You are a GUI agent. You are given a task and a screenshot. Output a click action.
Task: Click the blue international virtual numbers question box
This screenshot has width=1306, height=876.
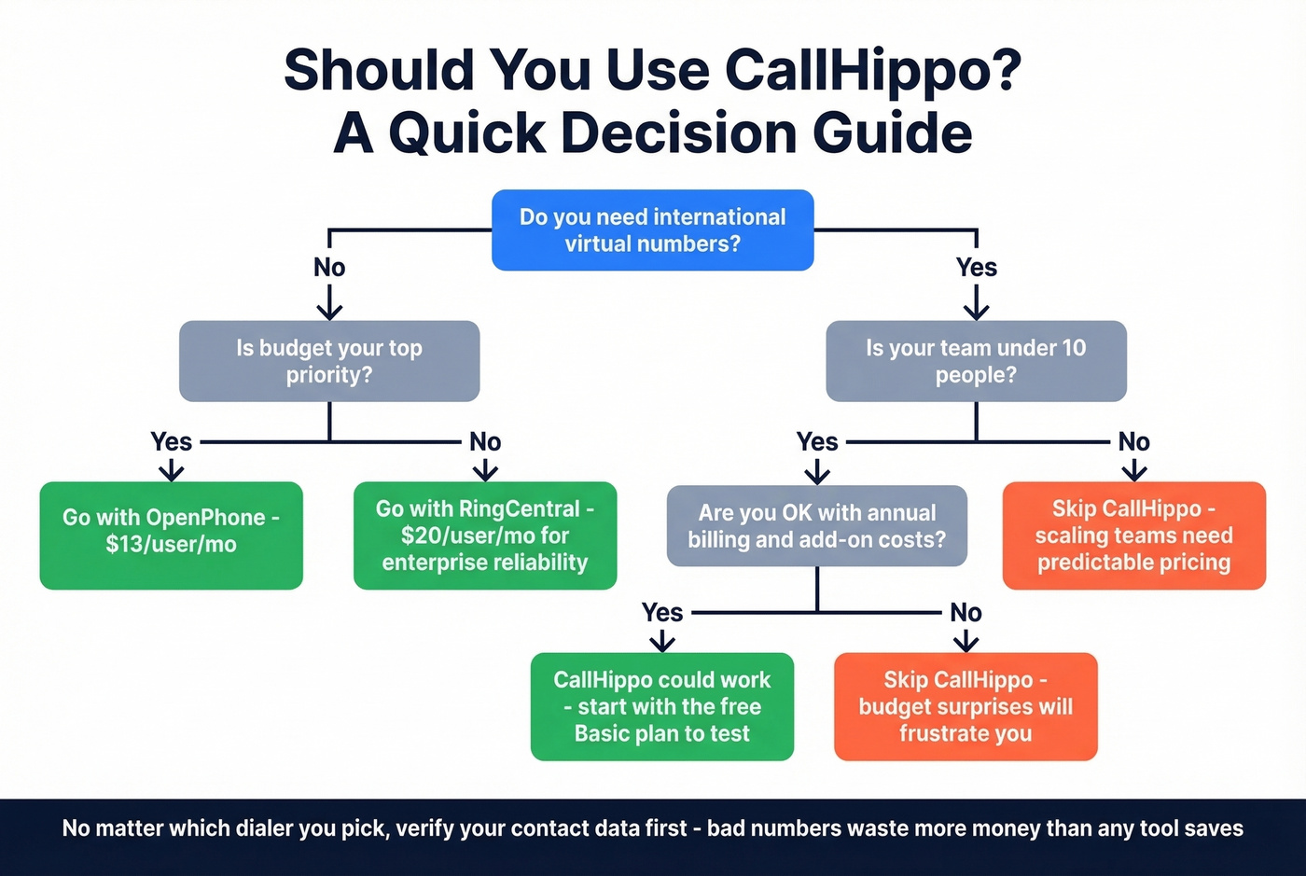(x=652, y=230)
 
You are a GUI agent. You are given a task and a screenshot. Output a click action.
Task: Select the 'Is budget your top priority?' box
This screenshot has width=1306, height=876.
(x=329, y=361)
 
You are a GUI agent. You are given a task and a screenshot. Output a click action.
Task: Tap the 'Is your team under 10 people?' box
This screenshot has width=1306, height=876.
(x=976, y=361)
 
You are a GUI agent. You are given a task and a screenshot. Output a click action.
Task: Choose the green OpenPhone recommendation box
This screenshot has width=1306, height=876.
(x=171, y=535)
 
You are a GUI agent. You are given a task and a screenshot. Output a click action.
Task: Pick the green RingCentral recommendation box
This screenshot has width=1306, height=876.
(x=485, y=535)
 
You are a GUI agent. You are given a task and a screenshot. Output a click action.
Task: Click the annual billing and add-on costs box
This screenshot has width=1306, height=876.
(x=816, y=526)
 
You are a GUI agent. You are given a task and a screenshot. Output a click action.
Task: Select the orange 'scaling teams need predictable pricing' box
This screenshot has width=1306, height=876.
(x=1133, y=535)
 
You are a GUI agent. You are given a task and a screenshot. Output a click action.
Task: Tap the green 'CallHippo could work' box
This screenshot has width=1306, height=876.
(x=661, y=706)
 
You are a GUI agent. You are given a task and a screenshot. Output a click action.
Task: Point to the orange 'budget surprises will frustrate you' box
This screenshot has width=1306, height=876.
(x=966, y=706)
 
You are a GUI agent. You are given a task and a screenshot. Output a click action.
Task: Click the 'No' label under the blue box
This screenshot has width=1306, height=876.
(x=329, y=268)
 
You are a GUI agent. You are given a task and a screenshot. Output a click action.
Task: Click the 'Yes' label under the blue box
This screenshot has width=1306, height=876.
(x=976, y=268)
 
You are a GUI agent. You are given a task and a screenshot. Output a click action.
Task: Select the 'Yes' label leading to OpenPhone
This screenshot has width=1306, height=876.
(x=172, y=441)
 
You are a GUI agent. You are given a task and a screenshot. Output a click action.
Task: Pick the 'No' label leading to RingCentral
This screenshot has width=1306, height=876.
(x=485, y=441)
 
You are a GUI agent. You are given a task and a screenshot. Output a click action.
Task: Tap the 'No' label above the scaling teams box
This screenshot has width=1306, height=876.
(x=1133, y=441)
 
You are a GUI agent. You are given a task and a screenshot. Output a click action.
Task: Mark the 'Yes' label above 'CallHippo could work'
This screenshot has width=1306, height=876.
(x=662, y=613)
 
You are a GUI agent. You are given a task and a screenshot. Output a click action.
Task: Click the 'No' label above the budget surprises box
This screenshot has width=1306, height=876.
(x=966, y=613)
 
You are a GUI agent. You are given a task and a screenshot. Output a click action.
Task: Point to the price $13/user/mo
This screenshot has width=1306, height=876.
(x=171, y=544)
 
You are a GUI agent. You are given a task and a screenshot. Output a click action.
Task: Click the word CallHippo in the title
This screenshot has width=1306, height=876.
(x=871, y=70)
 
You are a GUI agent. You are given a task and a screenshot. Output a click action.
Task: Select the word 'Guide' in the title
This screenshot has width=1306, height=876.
(x=893, y=132)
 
